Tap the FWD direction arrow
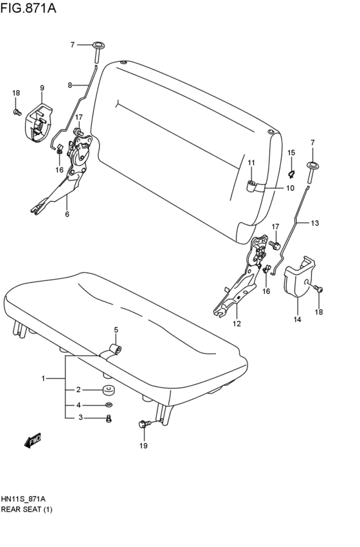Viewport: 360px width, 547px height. click(33, 440)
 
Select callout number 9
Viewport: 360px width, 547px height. click(42, 88)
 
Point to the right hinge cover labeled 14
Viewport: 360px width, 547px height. click(299, 276)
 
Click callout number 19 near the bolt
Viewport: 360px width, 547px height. click(143, 445)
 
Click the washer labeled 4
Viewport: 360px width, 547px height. click(108, 405)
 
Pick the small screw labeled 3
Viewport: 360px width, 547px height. click(108, 418)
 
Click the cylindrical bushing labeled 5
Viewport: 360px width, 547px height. click(116, 349)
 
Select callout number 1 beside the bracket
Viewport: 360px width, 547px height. click(44, 379)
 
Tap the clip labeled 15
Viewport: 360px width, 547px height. click(291, 172)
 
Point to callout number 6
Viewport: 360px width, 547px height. click(66, 215)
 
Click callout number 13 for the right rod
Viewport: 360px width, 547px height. click(314, 223)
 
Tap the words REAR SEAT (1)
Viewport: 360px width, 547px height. click(26, 510)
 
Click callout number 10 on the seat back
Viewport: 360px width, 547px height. click(290, 188)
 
